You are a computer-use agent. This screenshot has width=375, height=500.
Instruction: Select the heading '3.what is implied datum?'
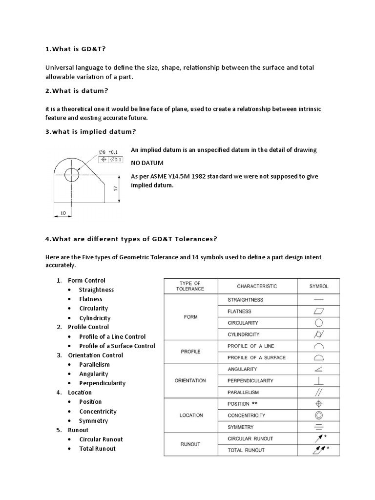click(x=91, y=131)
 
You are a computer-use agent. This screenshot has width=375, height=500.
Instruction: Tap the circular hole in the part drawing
click(x=72, y=173)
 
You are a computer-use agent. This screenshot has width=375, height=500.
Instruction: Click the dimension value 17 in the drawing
click(x=116, y=188)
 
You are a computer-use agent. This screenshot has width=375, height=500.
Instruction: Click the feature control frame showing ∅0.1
click(x=111, y=160)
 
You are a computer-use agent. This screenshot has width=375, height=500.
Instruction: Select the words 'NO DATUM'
click(x=147, y=162)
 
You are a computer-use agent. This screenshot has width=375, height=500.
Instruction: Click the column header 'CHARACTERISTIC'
click(x=257, y=286)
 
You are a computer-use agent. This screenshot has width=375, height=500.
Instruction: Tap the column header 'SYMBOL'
click(x=319, y=286)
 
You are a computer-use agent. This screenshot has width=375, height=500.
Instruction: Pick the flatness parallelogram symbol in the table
click(x=319, y=311)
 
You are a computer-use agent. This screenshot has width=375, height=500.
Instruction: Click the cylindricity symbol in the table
click(x=319, y=334)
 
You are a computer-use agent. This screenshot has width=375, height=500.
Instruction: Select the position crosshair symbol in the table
click(x=319, y=404)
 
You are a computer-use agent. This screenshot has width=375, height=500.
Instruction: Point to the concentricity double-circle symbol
click(x=319, y=415)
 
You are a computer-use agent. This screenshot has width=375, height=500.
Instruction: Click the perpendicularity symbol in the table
click(x=319, y=380)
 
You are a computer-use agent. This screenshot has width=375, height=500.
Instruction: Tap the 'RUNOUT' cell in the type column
click(x=190, y=444)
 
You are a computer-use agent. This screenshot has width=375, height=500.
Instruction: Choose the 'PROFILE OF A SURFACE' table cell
click(x=256, y=357)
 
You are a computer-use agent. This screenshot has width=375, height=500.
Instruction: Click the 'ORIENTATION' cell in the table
click(x=190, y=380)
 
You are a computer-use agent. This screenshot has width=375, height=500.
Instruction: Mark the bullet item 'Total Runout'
click(x=98, y=448)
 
